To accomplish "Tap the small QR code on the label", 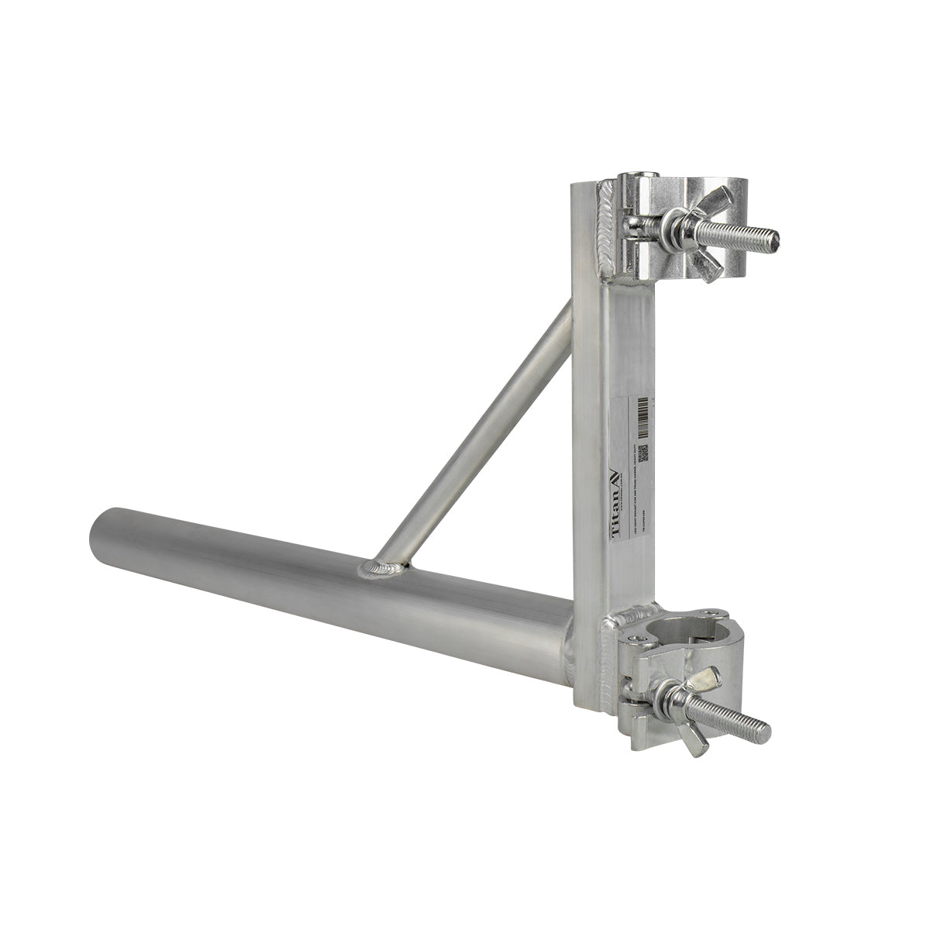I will pyautogui.click(x=641, y=452).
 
